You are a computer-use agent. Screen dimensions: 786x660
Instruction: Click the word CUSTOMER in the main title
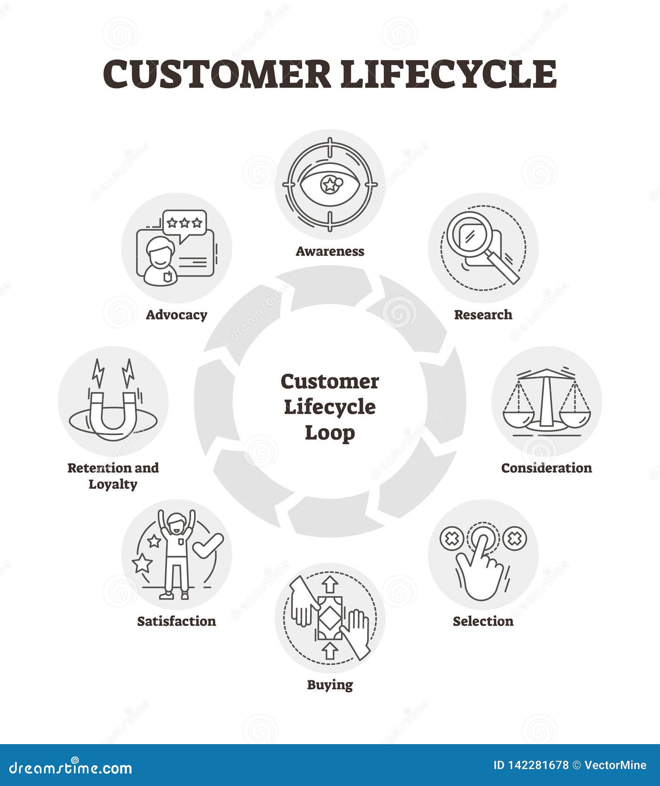point(217,74)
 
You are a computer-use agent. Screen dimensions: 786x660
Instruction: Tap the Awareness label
point(330,251)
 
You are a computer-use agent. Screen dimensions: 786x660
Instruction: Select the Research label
point(483,315)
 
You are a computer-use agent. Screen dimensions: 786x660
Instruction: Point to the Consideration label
point(547,468)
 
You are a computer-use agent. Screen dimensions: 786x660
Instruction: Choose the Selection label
point(483,621)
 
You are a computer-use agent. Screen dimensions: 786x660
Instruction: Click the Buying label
point(330,685)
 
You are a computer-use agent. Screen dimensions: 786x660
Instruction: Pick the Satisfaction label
point(176,621)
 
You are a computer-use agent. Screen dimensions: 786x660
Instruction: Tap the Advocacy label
point(176,315)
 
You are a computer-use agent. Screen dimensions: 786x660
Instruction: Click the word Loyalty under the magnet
point(113,485)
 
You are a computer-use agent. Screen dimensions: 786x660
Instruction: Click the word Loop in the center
point(330,433)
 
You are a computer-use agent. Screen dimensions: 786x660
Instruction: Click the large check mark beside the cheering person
point(207,545)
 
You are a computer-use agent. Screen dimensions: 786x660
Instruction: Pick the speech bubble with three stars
point(185,224)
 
